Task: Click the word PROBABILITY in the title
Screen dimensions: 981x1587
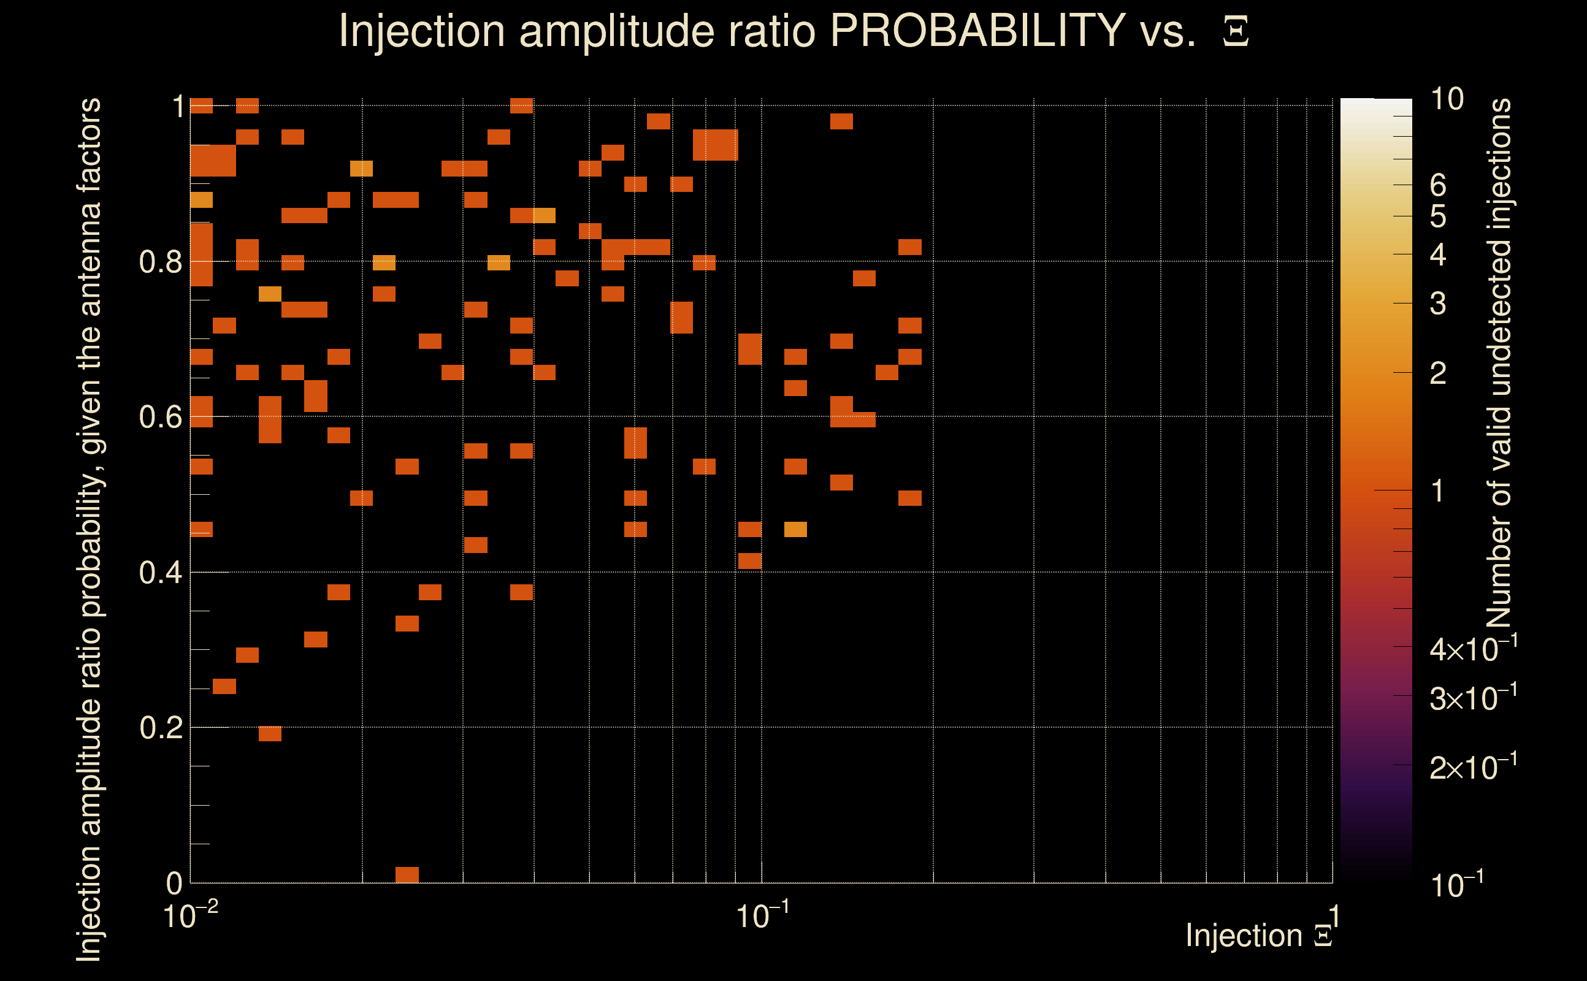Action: (977, 31)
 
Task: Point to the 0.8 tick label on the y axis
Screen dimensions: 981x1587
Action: (160, 262)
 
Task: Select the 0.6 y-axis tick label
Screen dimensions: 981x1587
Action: (160, 417)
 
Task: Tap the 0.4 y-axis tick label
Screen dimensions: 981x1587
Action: (160, 573)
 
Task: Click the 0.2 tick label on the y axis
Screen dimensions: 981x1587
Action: (160, 728)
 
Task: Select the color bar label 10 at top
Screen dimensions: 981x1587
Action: (1446, 100)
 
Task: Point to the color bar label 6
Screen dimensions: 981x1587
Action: (1438, 186)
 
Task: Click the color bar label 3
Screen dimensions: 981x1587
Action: (1438, 303)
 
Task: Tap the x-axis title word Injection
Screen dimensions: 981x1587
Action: (1244, 936)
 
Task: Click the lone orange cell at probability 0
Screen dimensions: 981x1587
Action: (407, 874)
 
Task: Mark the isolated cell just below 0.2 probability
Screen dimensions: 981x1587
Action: (270, 734)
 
